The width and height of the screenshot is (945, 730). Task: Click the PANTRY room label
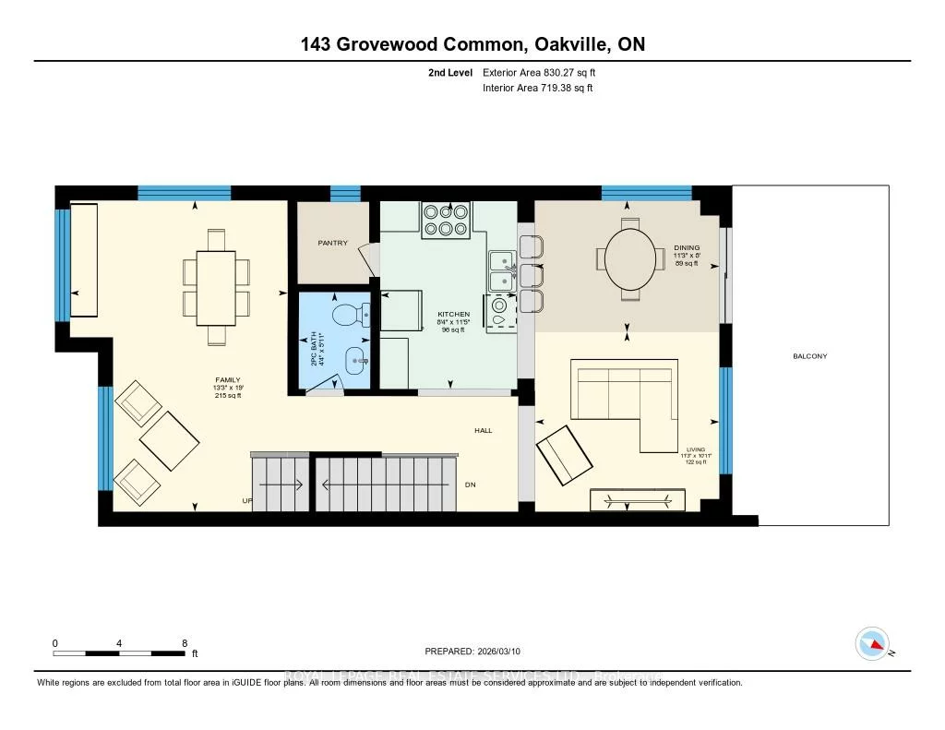pos(333,244)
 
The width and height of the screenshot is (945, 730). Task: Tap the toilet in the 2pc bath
pos(351,315)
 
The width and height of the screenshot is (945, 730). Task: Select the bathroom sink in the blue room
pos(356,358)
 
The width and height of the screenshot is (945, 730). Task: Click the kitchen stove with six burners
pos(445,221)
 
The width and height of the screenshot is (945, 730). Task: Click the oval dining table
pos(630,257)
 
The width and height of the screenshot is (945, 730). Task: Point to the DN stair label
pos(470,485)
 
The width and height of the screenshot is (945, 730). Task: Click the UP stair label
pos(246,501)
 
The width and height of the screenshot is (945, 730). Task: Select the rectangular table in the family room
pos(217,287)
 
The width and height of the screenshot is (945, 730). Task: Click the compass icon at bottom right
pos(871,643)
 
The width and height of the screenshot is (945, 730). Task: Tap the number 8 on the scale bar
pos(185,643)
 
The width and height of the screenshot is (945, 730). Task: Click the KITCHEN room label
pos(453,315)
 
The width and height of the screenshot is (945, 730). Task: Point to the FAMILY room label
pos(226,379)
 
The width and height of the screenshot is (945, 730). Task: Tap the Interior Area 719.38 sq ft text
pos(537,89)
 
